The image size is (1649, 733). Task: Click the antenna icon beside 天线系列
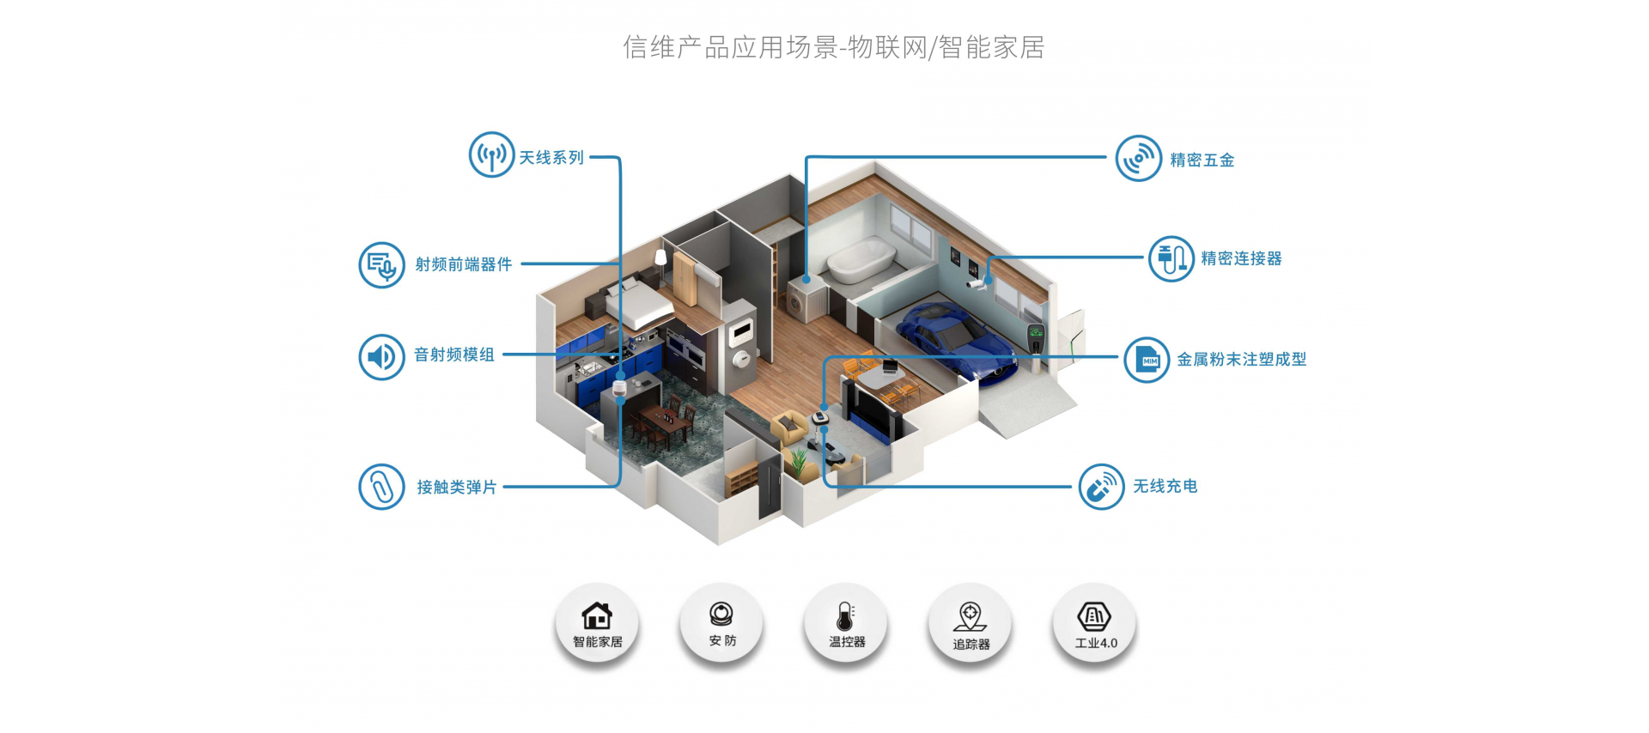491,154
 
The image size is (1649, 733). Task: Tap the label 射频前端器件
464,264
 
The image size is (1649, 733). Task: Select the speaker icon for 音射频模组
381,357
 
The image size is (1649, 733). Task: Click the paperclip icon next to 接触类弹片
381,487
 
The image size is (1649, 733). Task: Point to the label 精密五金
1202,161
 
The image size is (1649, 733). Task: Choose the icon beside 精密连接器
1171,258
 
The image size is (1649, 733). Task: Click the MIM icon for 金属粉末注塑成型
1147,360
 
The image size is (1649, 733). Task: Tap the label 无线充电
1165,487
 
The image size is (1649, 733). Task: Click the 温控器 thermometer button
846,624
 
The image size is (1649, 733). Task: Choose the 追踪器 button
971,624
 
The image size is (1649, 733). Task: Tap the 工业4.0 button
1095,624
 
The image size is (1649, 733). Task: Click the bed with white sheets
638,306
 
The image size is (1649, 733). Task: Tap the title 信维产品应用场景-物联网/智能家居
834,47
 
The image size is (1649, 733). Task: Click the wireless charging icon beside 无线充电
1102,487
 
